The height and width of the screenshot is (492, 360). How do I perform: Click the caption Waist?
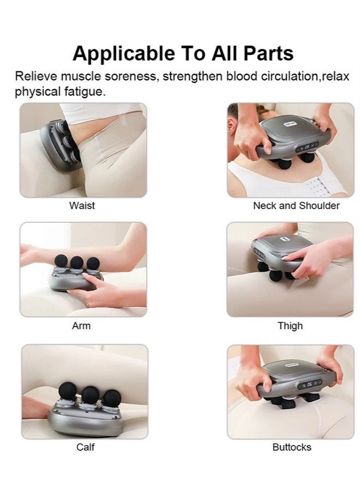[82, 206]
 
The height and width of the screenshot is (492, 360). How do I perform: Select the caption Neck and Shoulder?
[296, 206]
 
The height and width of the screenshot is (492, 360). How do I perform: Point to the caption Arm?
[81, 326]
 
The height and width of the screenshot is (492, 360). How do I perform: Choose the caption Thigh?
[290, 326]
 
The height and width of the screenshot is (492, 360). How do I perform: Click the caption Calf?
[85, 447]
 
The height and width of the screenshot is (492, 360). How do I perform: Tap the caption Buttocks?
[291, 447]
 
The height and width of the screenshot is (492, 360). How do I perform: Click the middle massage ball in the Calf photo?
[90, 393]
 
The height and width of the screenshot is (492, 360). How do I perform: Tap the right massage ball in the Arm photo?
[93, 263]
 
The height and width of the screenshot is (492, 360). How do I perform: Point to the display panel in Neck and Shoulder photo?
[308, 146]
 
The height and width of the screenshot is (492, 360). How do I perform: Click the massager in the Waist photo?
[58, 144]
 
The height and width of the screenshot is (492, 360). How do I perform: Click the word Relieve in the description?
[34, 76]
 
